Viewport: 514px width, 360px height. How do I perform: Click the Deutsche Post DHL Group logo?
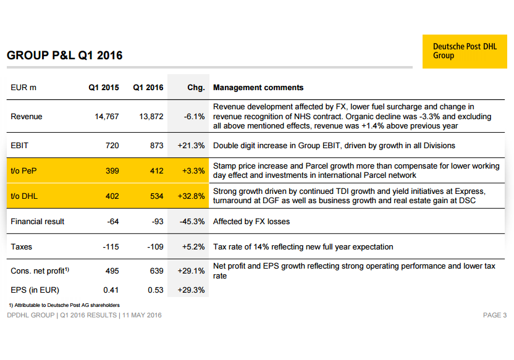point(465,51)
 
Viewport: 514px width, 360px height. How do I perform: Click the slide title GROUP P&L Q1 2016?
point(65,56)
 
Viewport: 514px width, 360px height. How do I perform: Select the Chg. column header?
point(196,88)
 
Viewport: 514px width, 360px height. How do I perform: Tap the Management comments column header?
point(258,88)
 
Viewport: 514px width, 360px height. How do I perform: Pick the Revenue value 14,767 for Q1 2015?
point(107,117)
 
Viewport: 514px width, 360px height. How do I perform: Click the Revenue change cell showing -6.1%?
point(195,117)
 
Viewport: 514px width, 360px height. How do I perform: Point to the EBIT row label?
point(19,146)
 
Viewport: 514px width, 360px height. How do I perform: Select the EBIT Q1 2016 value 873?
point(157,146)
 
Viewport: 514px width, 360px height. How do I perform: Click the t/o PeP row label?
point(23,170)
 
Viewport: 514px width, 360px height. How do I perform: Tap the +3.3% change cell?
point(193,170)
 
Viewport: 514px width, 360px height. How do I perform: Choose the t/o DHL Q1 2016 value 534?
point(157,196)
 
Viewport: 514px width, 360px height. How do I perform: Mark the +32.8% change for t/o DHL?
point(191,196)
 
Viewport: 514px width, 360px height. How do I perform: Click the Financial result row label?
point(37,222)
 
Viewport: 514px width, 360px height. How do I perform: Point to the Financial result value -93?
point(158,222)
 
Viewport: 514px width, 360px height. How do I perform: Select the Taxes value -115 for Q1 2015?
point(111,246)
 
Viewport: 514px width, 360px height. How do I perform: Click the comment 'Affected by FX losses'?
point(251,222)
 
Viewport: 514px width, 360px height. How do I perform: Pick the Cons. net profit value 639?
point(157,271)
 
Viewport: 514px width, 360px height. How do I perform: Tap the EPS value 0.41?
point(111,290)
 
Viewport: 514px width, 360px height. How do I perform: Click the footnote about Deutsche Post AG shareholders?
point(64,305)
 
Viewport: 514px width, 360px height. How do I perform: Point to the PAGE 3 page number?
point(495,315)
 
